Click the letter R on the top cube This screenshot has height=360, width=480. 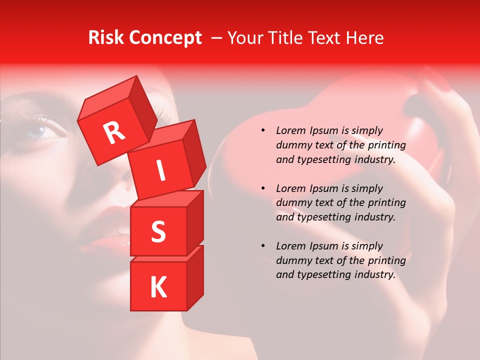tap(114, 132)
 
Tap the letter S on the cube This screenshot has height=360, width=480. tap(158, 231)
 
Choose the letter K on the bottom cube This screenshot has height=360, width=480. tap(158, 287)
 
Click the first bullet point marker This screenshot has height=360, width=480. tap(263, 131)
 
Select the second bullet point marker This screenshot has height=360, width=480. tap(263, 188)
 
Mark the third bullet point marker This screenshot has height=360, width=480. tap(263, 246)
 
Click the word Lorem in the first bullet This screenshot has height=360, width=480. tap(290, 130)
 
